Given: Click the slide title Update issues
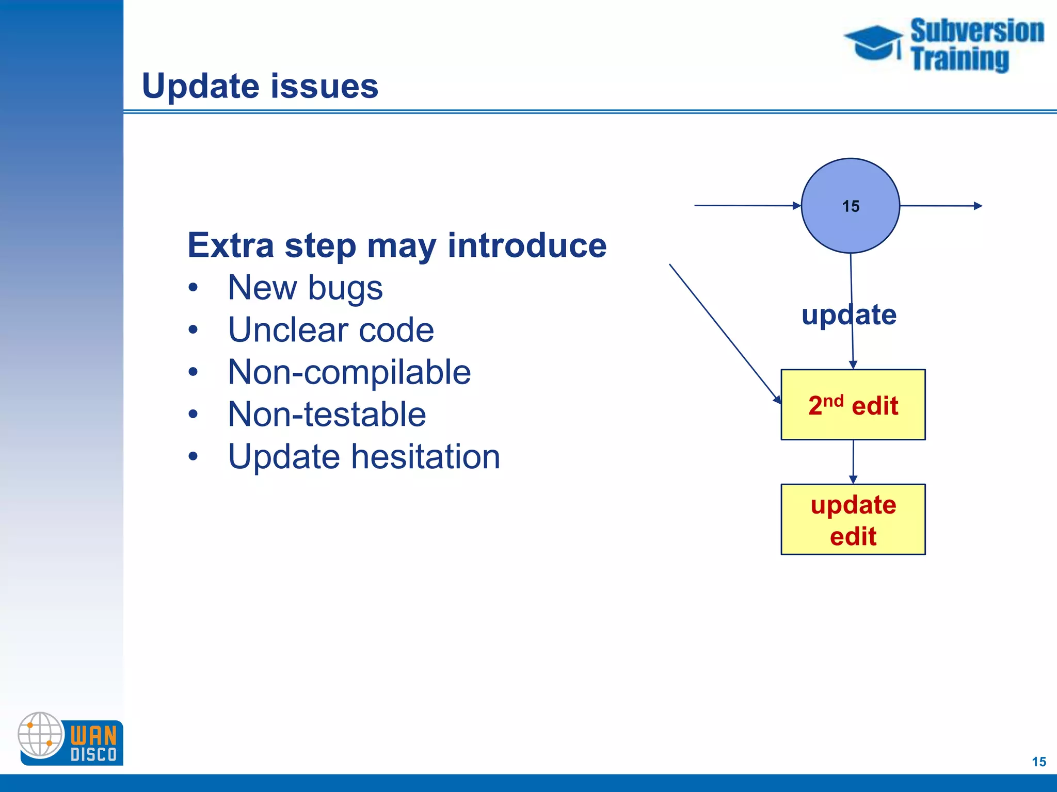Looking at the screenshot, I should (x=260, y=86).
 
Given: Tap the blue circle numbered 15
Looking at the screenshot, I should (x=850, y=206).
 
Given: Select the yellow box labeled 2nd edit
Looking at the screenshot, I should (x=853, y=405).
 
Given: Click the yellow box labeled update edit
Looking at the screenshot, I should (x=853, y=519).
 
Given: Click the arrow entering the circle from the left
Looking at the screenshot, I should (x=748, y=205).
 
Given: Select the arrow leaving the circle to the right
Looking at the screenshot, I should (x=940, y=206).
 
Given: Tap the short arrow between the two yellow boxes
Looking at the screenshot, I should (x=853, y=461).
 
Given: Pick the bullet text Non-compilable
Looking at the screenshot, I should (x=349, y=372).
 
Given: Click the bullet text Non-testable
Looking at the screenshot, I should (x=327, y=414).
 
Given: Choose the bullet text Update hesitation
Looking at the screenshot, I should (x=364, y=456).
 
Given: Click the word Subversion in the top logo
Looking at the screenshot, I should (x=977, y=30).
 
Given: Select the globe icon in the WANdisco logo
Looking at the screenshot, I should (x=40, y=734).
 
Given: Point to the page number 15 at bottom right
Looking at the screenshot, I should (x=1038, y=762).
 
